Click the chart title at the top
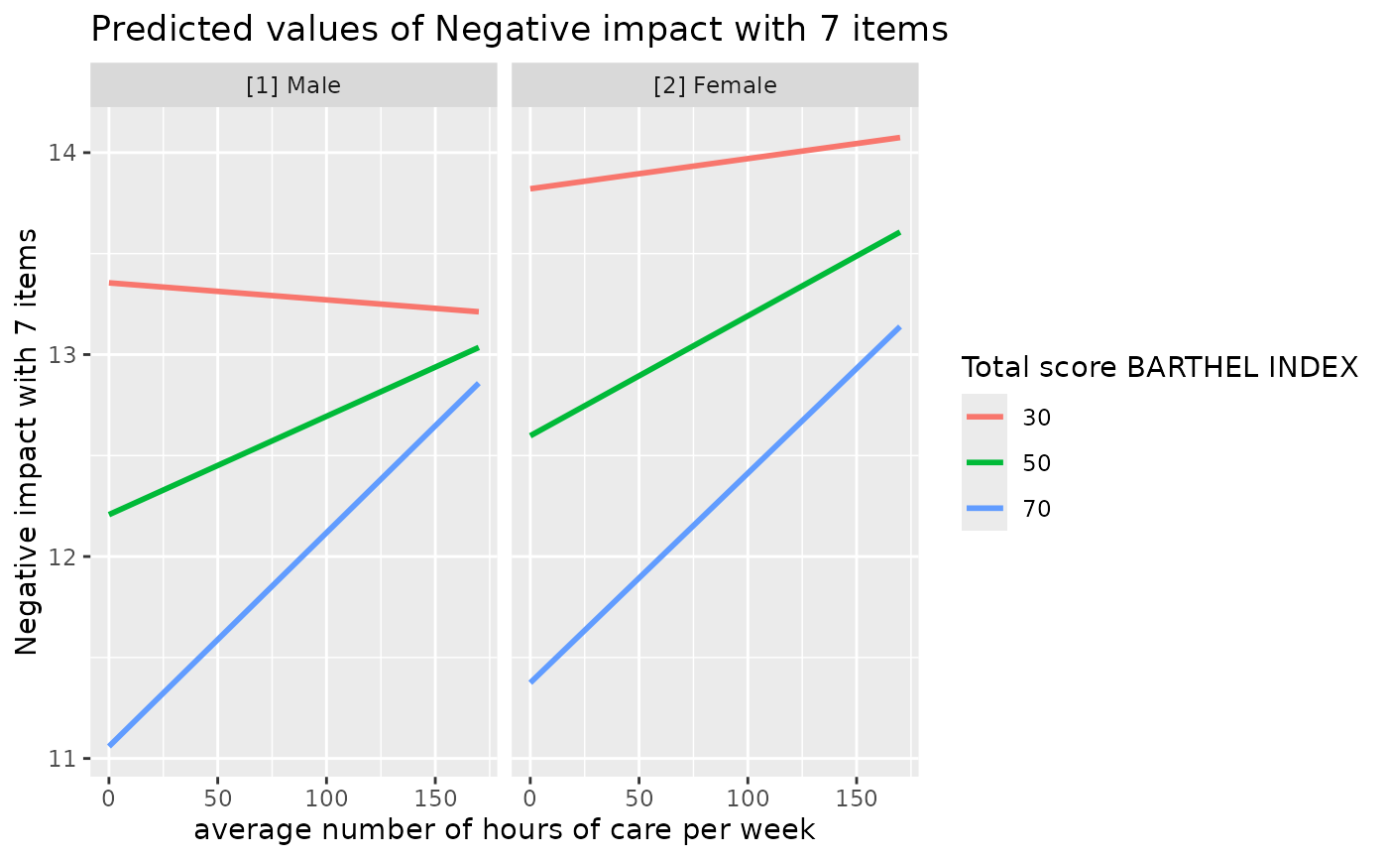[x=519, y=30]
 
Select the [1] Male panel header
[x=293, y=85]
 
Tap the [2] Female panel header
[x=715, y=85]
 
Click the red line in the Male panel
[x=293, y=298]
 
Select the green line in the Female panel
[x=715, y=334]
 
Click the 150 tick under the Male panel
[x=434, y=799]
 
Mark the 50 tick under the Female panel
[x=639, y=799]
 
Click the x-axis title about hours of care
[x=504, y=830]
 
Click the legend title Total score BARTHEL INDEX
[x=1159, y=368]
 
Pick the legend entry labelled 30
[x=1037, y=418]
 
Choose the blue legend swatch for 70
[x=983, y=509]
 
